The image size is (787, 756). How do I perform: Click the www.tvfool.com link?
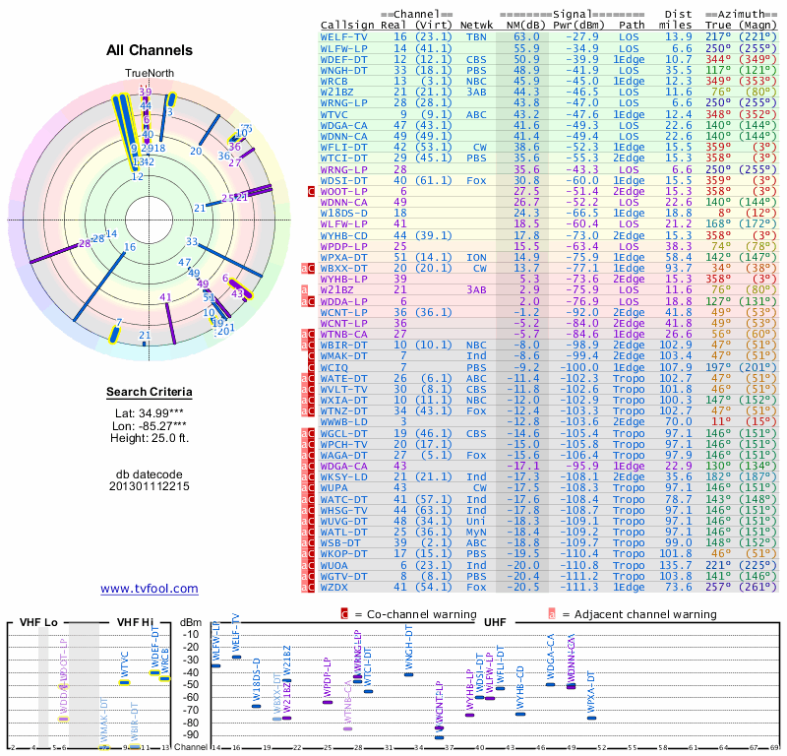(149, 589)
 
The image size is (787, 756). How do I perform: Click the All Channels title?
(149, 50)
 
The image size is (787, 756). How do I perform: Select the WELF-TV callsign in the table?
(344, 35)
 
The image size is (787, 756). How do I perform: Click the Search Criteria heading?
(149, 394)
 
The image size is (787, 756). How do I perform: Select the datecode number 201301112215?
(149, 486)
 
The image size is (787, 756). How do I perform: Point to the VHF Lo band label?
(38, 622)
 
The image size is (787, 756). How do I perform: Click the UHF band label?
(495, 622)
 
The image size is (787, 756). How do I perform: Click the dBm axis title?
(192, 622)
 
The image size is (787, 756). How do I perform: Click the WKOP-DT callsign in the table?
(344, 553)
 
